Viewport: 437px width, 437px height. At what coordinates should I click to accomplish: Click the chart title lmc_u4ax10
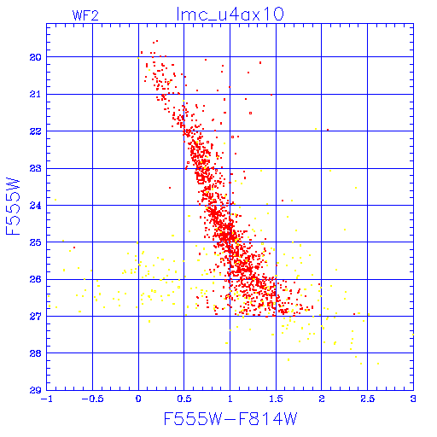click(x=230, y=15)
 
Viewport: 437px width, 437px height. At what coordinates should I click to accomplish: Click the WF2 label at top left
click(x=85, y=15)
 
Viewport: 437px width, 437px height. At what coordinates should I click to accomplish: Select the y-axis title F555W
click(x=13, y=207)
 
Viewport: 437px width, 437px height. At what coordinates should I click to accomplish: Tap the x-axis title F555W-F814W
click(x=230, y=419)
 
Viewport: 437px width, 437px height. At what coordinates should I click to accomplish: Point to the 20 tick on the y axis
click(x=35, y=57)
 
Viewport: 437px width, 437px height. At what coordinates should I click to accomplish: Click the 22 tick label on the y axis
click(x=35, y=131)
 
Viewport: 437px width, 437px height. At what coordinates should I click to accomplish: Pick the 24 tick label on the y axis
click(x=35, y=206)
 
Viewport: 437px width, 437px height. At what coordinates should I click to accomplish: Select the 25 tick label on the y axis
click(x=35, y=242)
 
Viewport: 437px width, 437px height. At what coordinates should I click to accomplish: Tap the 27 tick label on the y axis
click(x=35, y=317)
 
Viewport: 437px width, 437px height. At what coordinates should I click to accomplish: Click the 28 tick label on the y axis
click(x=35, y=353)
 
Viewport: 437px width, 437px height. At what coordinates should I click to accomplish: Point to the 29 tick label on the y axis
click(x=35, y=390)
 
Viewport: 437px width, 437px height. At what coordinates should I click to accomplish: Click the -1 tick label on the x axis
click(x=47, y=399)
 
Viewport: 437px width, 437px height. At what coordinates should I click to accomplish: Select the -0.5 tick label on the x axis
click(x=92, y=399)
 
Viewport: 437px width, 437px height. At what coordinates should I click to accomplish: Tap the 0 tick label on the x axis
click(x=138, y=399)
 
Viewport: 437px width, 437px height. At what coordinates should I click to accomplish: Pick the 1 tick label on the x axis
click(x=230, y=399)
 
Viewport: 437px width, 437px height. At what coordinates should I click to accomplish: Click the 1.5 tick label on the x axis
click(x=276, y=399)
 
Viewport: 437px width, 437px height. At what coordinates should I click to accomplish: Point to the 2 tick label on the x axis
click(x=322, y=399)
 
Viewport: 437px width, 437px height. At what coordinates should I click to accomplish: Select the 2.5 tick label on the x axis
click(x=368, y=399)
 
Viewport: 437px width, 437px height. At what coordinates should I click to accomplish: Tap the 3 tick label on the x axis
click(x=413, y=399)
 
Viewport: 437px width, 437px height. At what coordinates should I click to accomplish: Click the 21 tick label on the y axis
click(x=35, y=95)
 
